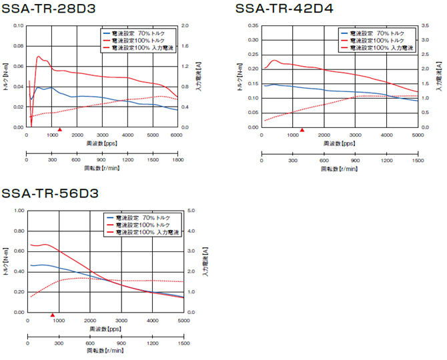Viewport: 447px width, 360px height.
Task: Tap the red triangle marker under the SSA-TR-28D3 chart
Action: tap(60, 130)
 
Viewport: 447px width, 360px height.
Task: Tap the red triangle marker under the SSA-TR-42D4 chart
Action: tap(302, 130)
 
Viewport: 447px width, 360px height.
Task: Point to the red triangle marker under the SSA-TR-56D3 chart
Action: tap(53, 315)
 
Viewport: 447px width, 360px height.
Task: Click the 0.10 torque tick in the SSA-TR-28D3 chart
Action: tap(18, 26)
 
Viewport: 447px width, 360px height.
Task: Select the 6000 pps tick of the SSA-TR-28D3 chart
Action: tap(177, 134)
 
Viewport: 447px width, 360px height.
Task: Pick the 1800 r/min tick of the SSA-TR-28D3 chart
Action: tap(177, 160)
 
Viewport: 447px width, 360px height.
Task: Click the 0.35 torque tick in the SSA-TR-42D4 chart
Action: tap(254, 26)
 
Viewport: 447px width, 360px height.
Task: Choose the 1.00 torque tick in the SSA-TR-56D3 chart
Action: tap(18, 211)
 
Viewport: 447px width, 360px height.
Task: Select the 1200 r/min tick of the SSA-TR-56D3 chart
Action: tap(152, 344)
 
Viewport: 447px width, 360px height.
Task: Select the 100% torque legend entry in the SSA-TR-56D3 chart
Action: tap(143, 225)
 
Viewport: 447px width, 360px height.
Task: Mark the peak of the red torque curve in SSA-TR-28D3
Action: tap(38, 57)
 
